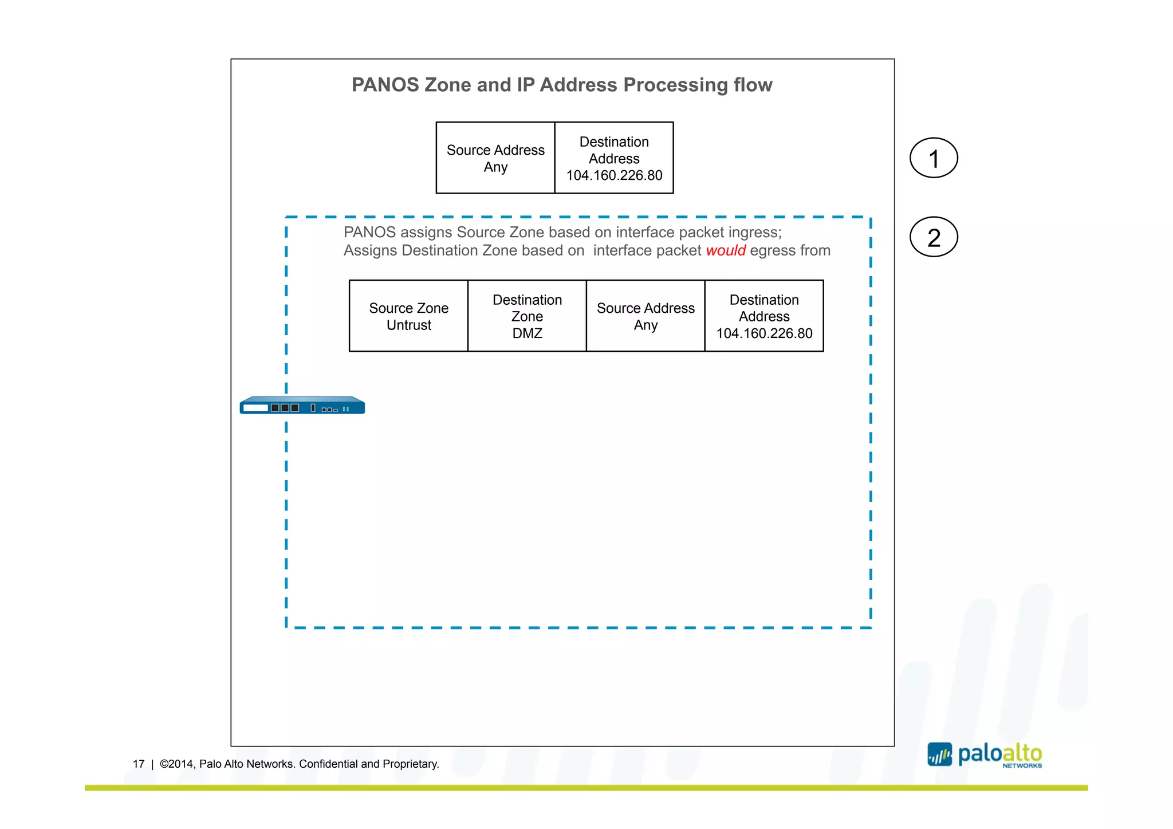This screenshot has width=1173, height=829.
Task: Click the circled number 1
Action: click(x=934, y=158)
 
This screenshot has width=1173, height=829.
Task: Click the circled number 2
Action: click(x=934, y=237)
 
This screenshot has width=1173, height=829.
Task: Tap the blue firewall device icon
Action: click(x=302, y=406)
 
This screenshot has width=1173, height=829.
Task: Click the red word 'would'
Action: click(x=726, y=250)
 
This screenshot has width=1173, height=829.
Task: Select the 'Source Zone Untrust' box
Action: click(x=408, y=316)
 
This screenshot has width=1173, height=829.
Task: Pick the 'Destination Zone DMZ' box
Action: click(x=527, y=316)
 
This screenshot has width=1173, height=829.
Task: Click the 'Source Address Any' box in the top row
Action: click(x=495, y=158)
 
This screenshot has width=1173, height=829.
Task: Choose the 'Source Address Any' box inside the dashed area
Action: click(x=645, y=316)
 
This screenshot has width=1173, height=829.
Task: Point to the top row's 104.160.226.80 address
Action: click(x=614, y=175)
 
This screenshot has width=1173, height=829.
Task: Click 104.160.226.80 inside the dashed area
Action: click(x=764, y=333)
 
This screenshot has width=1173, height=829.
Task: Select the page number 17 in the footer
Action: click(x=139, y=764)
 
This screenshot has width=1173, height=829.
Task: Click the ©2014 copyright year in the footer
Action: click(x=176, y=764)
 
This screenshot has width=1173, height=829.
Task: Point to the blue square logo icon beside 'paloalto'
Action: click(x=939, y=755)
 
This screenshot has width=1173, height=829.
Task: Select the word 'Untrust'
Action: click(x=408, y=325)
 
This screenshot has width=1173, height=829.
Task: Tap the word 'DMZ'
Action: click(x=527, y=333)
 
